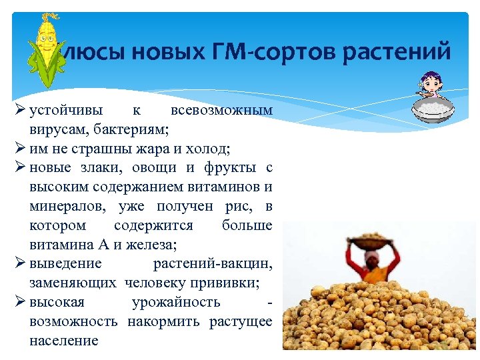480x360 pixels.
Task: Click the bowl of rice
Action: (433, 109)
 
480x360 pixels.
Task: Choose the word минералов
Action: (66, 206)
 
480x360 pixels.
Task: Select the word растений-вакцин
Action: (213, 263)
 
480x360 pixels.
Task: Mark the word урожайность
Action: (176, 302)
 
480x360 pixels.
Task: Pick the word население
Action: (64, 341)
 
